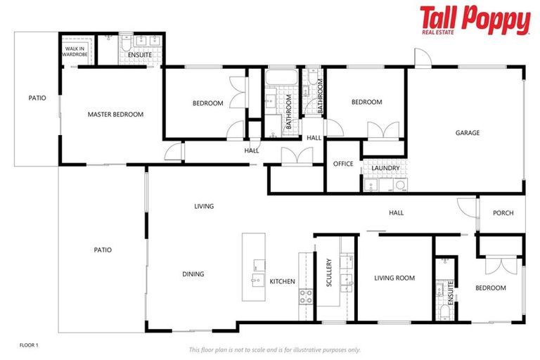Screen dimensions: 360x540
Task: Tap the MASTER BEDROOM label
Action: click(115, 115)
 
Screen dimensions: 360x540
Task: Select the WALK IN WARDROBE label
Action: click(74, 51)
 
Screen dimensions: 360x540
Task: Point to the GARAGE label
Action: click(467, 133)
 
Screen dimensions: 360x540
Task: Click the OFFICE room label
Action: click(344, 164)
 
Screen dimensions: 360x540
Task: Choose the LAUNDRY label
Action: click(385, 168)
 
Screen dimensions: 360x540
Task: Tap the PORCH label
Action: click(503, 213)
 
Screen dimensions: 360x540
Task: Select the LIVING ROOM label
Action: click(394, 278)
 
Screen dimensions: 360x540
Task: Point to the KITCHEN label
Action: click(283, 281)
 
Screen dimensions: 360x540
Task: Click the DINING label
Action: click(193, 274)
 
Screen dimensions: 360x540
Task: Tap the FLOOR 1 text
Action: click(28, 345)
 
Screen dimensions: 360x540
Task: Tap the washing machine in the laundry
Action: click(400, 186)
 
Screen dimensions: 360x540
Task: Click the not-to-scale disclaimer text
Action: click(274, 349)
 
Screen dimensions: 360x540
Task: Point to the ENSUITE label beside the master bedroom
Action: click(140, 54)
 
